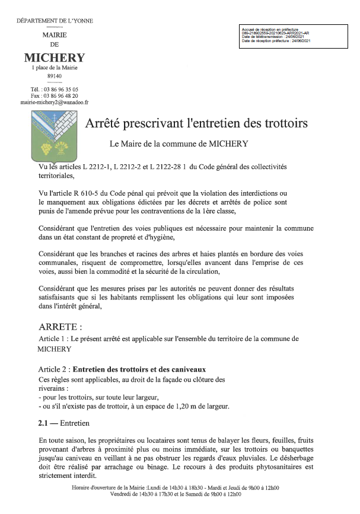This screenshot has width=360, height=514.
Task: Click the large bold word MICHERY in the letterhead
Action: pos(55,58)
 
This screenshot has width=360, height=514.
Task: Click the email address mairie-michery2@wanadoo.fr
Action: pos(54,102)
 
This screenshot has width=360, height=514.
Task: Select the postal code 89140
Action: pos(54,76)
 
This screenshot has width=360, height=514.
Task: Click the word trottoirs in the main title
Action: pos(283,124)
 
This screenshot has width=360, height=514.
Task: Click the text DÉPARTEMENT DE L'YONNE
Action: pos(54,22)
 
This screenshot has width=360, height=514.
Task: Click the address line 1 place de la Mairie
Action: pos(55,68)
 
